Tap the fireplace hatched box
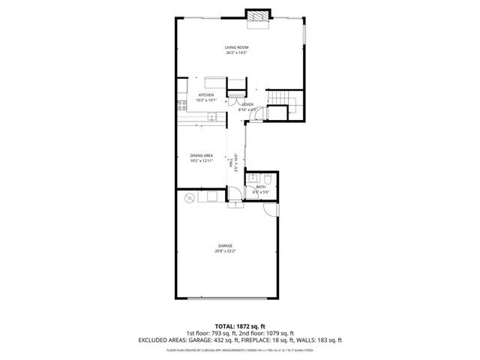[259, 16]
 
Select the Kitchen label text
[206, 95]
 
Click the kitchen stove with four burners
[181, 106]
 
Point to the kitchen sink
[212, 116]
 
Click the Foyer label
[247, 104]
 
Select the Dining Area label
[202, 155]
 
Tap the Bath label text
[260, 187]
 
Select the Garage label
[225, 246]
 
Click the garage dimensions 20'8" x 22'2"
[225, 251]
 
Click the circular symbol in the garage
[190, 198]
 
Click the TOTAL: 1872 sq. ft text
[239, 326]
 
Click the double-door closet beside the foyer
[232, 101]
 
